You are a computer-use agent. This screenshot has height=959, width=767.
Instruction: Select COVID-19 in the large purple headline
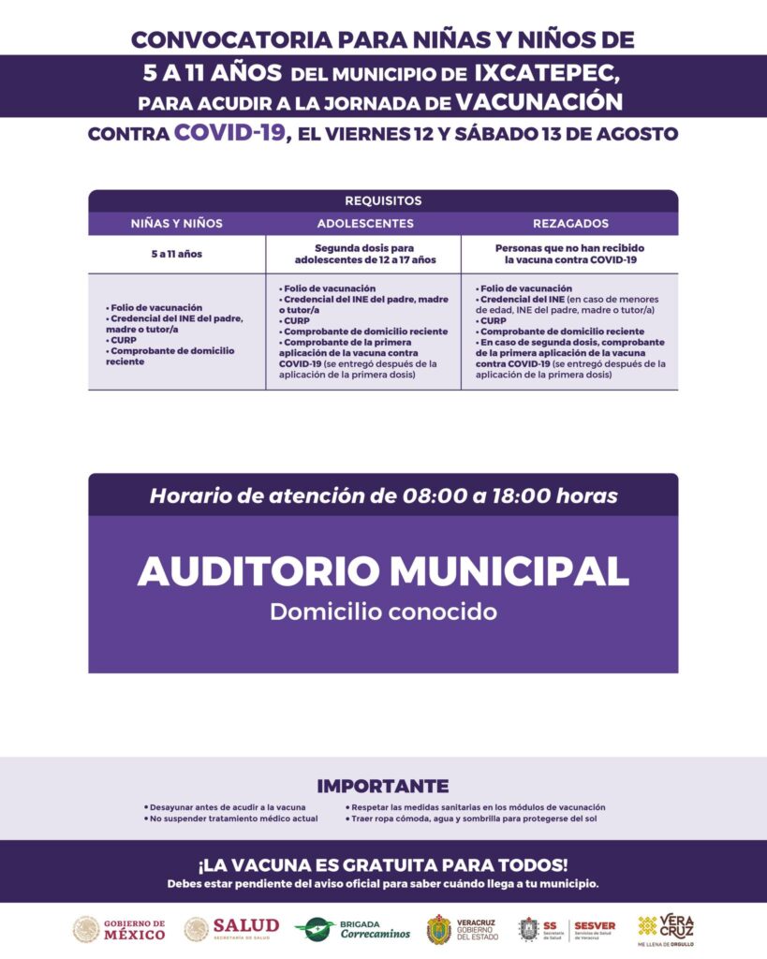(229, 132)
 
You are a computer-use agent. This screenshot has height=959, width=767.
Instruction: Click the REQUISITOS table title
(383, 200)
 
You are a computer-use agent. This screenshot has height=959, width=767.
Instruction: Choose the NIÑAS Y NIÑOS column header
(177, 224)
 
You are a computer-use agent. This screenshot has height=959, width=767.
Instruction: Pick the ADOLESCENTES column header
(365, 224)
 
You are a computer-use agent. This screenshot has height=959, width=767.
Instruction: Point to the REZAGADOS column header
(570, 224)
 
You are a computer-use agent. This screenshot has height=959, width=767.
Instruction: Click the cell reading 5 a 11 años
(177, 254)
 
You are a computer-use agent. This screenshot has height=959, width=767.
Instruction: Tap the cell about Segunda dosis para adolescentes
(364, 254)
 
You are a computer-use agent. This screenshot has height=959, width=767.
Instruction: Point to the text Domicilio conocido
(383, 612)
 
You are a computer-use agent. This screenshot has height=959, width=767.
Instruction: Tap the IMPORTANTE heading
(383, 786)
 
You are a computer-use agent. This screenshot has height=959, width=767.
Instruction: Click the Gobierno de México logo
(119, 928)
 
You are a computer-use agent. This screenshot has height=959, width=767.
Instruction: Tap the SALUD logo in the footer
(231, 928)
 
